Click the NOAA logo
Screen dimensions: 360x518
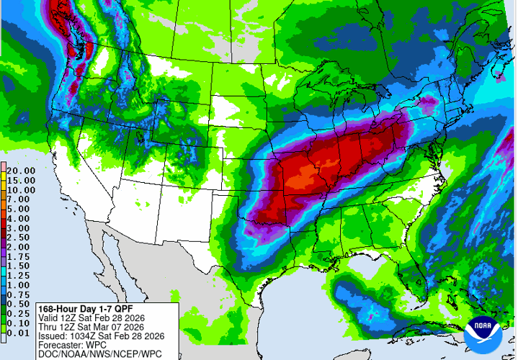pyautogui.click(x=481, y=333)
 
